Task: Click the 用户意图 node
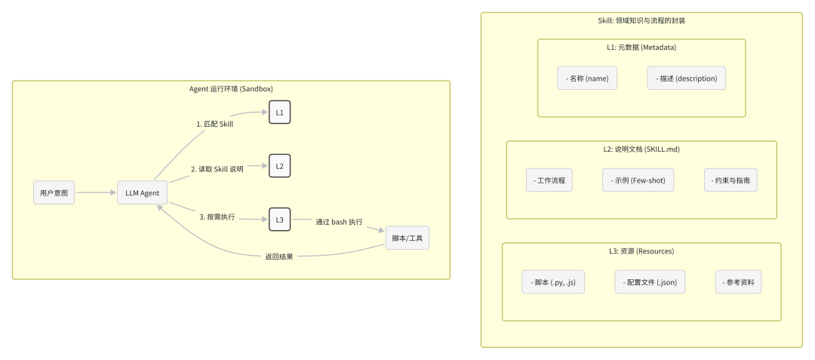54,192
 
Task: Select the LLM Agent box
143,192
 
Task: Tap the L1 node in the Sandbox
279,112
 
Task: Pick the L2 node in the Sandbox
279,166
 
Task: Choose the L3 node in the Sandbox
279,220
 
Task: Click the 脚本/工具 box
407,238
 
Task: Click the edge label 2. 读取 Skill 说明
217,169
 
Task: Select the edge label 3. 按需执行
217,217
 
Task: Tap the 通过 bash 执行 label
339,222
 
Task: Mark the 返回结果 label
278,257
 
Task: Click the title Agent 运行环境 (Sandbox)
231,89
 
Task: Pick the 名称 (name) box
588,78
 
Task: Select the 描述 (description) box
687,78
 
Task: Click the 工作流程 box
549,181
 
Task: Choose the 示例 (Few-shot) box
638,181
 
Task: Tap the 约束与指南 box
730,181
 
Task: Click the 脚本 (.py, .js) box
553,282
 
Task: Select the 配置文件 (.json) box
651,282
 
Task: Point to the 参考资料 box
739,282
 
